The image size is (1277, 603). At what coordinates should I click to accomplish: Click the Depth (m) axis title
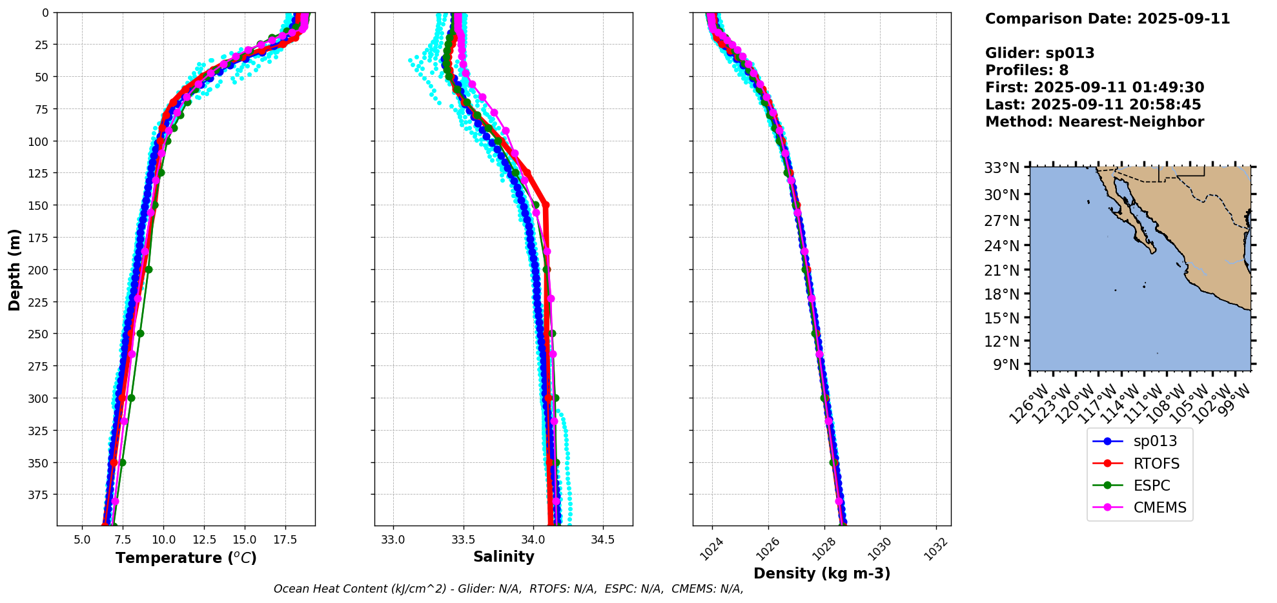tap(14, 269)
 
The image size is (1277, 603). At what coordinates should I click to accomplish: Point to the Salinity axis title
tap(504, 557)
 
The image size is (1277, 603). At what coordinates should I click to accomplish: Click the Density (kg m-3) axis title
tap(822, 573)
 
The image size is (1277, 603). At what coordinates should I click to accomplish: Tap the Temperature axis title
tap(186, 558)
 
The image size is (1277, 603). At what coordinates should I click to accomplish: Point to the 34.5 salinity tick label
tap(602, 539)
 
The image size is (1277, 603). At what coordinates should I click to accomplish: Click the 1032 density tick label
tap(937, 549)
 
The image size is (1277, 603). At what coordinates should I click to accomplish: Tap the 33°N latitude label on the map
tap(1002, 169)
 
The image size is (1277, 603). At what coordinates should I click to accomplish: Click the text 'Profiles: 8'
tap(1027, 70)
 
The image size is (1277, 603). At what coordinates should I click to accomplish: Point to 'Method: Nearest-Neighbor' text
tap(1094, 122)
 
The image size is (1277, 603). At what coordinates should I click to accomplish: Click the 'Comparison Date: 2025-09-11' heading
tap(1107, 19)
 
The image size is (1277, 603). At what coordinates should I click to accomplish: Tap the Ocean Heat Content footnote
tap(508, 589)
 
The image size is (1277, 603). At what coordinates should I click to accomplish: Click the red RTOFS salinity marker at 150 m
tap(546, 205)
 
